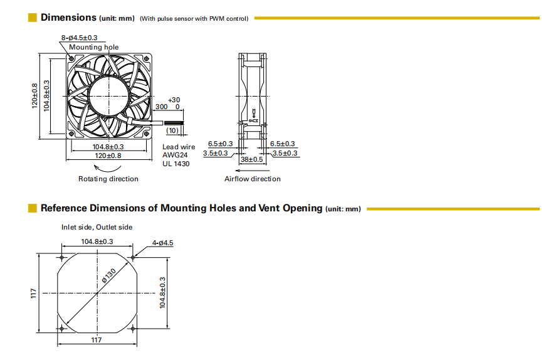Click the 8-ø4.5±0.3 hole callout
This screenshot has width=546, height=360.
tap(79, 38)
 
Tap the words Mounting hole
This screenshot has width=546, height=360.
tap(93, 47)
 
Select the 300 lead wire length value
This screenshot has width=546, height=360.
tap(161, 107)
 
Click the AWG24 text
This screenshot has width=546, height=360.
tap(176, 155)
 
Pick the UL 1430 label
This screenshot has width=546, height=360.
tap(176, 164)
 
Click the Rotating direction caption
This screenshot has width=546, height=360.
tap(108, 179)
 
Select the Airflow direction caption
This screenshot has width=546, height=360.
tap(253, 179)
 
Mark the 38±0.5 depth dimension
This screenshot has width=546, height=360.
tap(252, 159)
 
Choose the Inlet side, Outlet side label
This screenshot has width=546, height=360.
tap(97, 227)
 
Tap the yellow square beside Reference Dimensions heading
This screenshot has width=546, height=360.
tap(33, 208)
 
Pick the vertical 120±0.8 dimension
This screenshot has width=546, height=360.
tap(35, 95)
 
